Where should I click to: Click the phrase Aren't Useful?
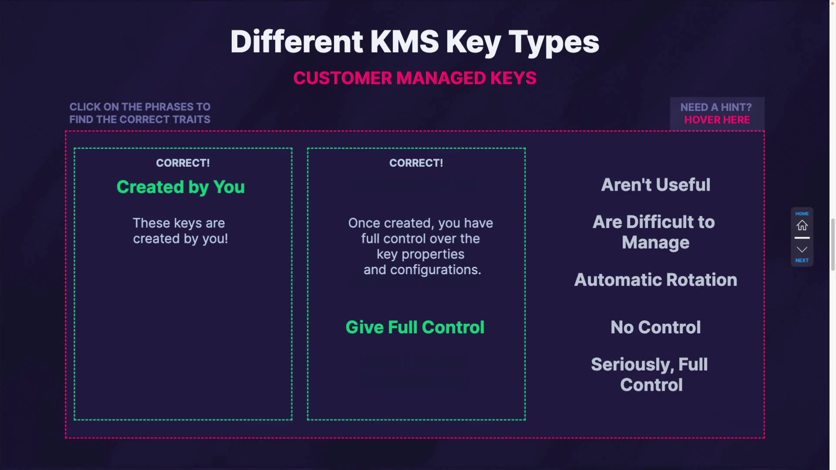tap(655, 185)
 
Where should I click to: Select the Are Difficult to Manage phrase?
tap(654, 232)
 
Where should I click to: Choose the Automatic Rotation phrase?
tap(655, 280)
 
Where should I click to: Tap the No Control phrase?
tap(655, 327)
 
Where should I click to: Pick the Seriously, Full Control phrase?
tap(650, 374)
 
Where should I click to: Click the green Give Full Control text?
tap(415, 327)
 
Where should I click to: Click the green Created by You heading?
tap(181, 187)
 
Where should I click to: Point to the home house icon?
tap(802, 225)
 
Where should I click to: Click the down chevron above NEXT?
tap(802, 249)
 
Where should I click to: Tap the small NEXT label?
tap(802, 260)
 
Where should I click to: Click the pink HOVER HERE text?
tap(717, 120)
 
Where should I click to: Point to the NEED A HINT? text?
tap(716, 107)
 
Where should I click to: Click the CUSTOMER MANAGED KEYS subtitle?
tap(415, 78)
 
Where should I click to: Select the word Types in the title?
tap(553, 43)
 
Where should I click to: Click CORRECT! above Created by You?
tap(183, 163)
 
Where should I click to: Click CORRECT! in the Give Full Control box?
tap(416, 163)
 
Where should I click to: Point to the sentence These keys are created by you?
tap(180, 231)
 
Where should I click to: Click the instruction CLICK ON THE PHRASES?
tap(140, 107)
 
